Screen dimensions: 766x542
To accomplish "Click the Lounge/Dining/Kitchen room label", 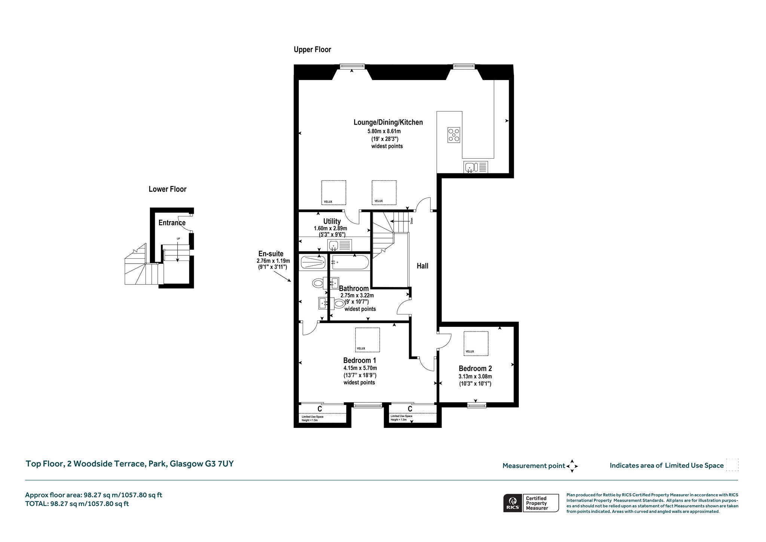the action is pyautogui.click(x=388, y=122).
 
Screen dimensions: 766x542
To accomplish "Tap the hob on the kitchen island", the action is pyautogui.click(x=454, y=135).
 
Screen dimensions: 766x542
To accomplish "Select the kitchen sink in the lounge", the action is pyautogui.click(x=476, y=167).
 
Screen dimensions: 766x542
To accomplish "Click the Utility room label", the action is pyautogui.click(x=332, y=221).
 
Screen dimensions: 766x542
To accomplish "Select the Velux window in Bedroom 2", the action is pyautogui.click(x=476, y=343).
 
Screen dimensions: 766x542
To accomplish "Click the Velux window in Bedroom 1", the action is pyautogui.click(x=367, y=339).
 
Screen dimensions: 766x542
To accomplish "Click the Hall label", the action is pyautogui.click(x=423, y=266).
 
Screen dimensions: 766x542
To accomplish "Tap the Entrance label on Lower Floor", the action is pyautogui.click(x=172, y=223).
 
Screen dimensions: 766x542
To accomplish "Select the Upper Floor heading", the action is pyautogui.click(x=312, y=49).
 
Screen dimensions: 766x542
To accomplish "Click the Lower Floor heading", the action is pyautogui.click(x=168, y=189).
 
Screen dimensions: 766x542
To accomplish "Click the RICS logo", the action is pyautogui.click(x=512, y=503).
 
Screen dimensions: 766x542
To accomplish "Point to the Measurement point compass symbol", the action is pyautogui.click(x=572, y=466).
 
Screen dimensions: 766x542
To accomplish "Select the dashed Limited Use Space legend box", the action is pyautogui.click(x=732, y=465).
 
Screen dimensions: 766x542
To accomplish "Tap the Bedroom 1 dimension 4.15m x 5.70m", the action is pyautogui.click(x=360, y=368).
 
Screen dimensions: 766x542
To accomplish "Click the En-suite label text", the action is pyautogui.click(x=271, y=254).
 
